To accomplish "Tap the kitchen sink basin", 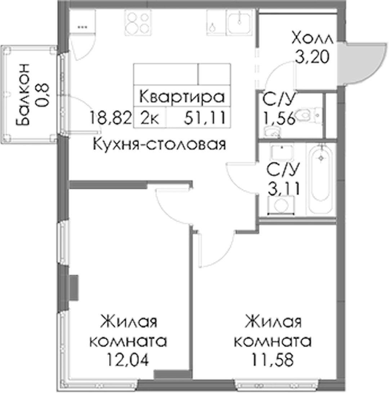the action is tap(239, 22).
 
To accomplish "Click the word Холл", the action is tap(313, 39).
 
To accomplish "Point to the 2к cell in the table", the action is tap(149, 118).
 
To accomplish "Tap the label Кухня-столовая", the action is tap(160, 145).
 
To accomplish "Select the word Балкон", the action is tap(23, 95).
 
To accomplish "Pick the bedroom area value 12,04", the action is tap(128, 360).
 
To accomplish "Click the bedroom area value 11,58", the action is tap(273, 360).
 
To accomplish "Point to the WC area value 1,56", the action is tap(279, 118).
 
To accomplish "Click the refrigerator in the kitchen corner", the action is tap(82, 22).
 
